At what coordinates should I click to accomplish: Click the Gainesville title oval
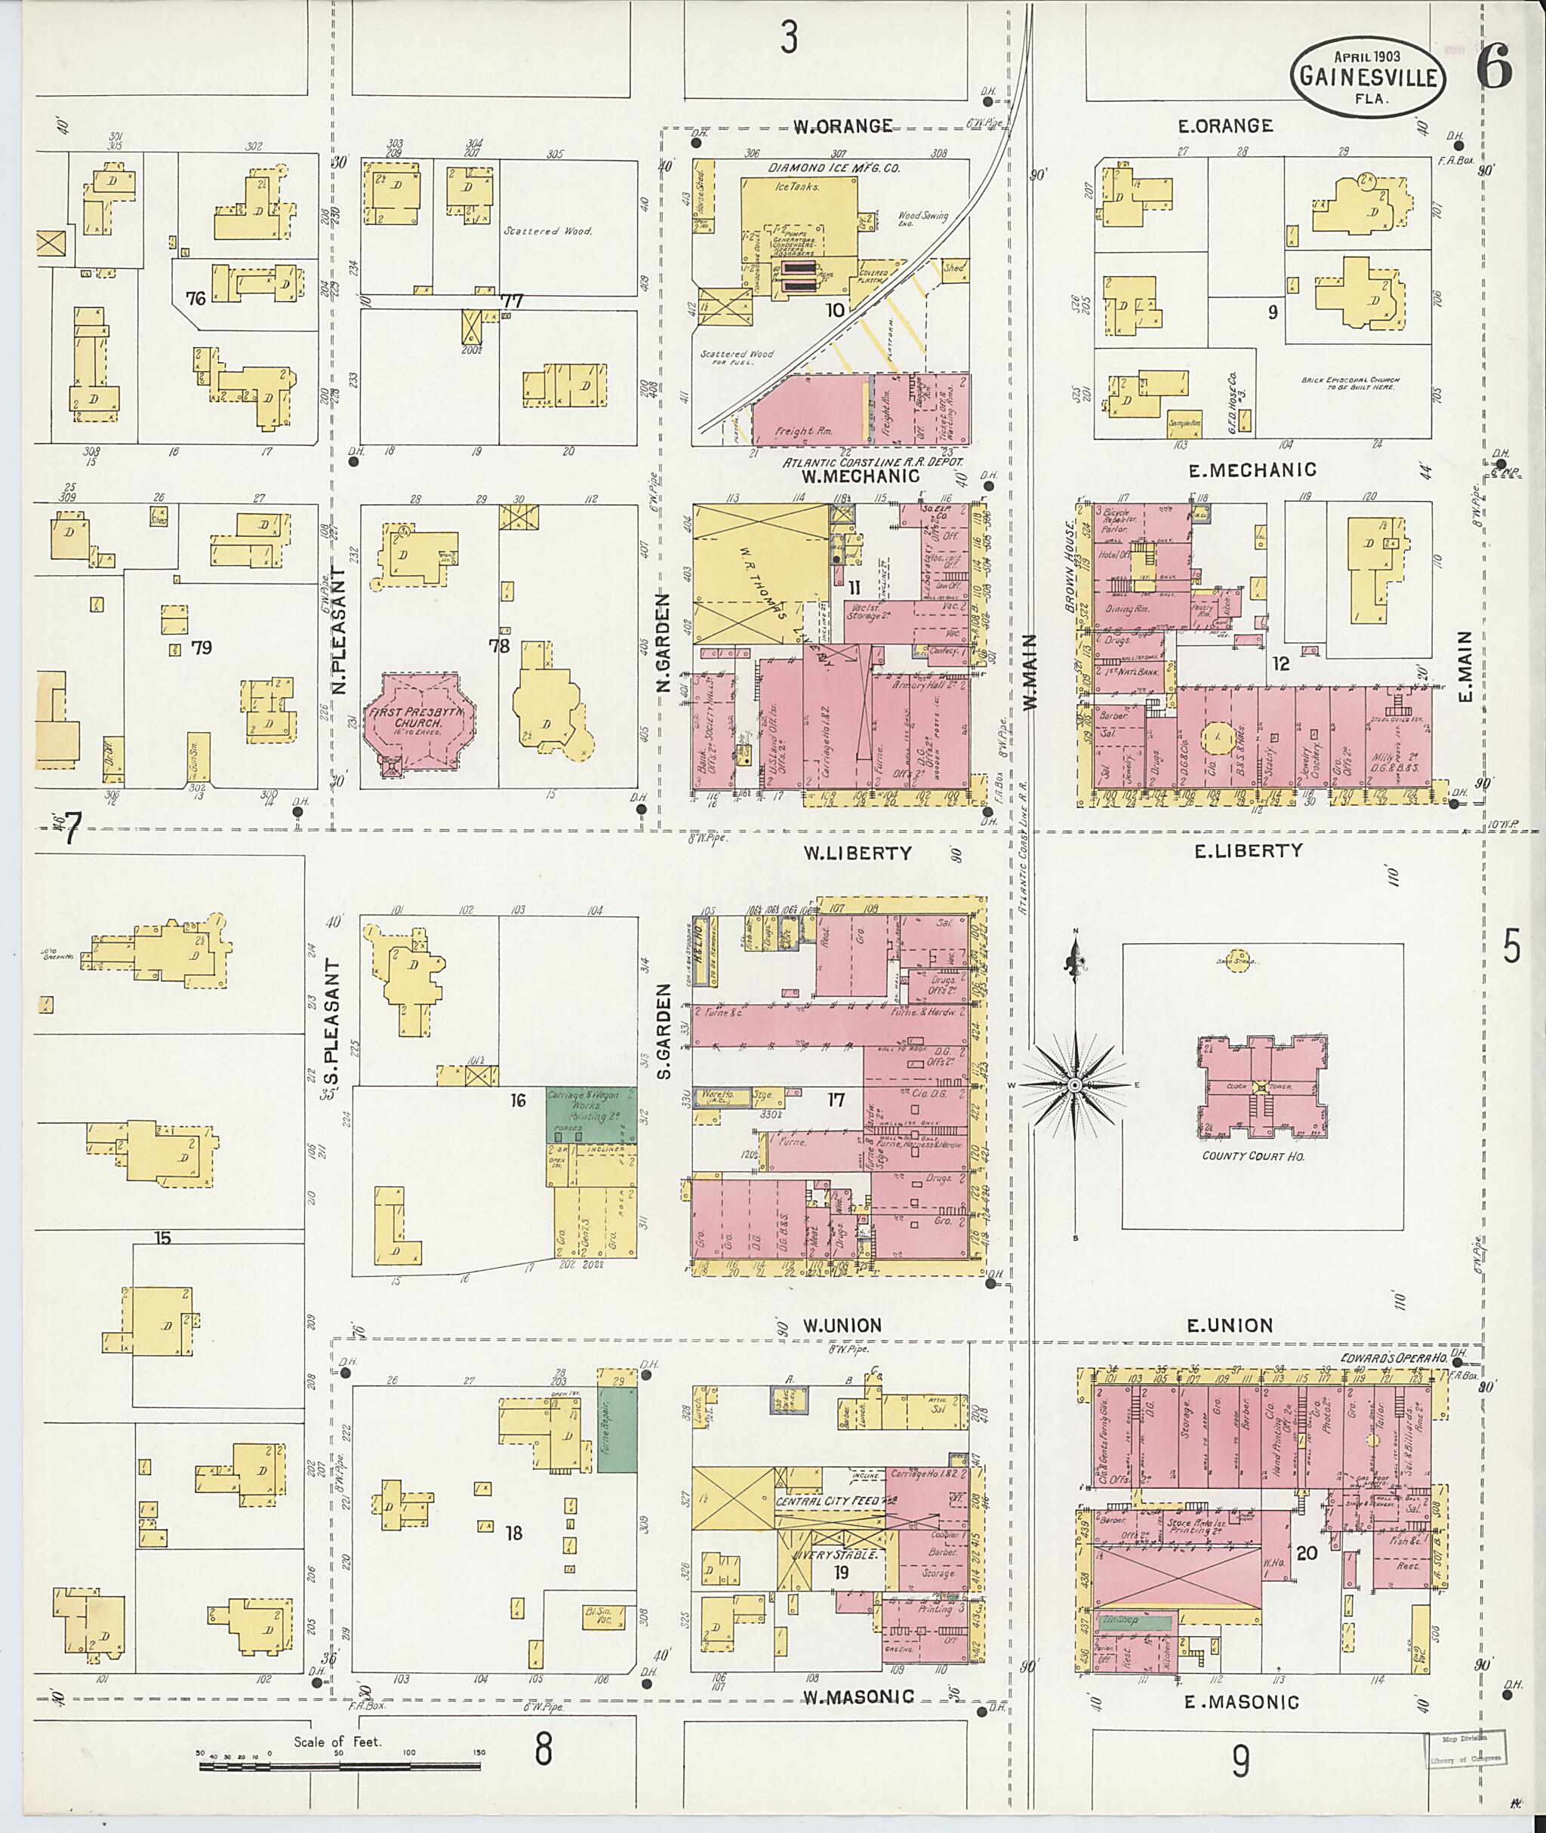pyautogui.click(x=1368, y=77)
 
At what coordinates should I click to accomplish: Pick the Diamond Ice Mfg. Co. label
pyautogui.click(x=834, y=168)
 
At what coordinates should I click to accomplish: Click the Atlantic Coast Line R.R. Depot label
pyautogui.click(x=872, y=462)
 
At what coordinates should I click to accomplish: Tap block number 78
pyautogui.click(x=500, y=647)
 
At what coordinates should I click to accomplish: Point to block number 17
pyautogui.click(x=835, y=1099)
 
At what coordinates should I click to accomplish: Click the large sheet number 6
pyautogui.click(x=1493, y=69)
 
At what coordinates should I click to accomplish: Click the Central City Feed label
pyautogui.click(x=829, y=1501)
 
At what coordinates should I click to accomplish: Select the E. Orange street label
pyautogui.click(x=1225, y=126)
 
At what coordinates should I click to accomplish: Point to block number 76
pyautogui.click(x=196, y=299)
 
